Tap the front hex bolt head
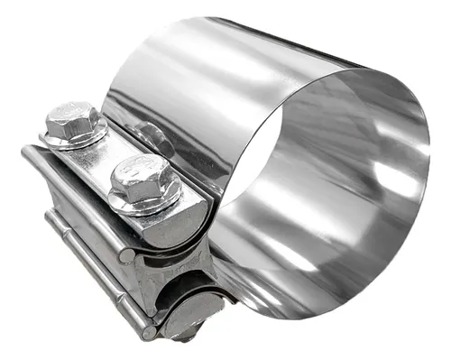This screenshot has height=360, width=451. (x=141, y=178)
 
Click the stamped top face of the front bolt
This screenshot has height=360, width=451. (x=139, y=171)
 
